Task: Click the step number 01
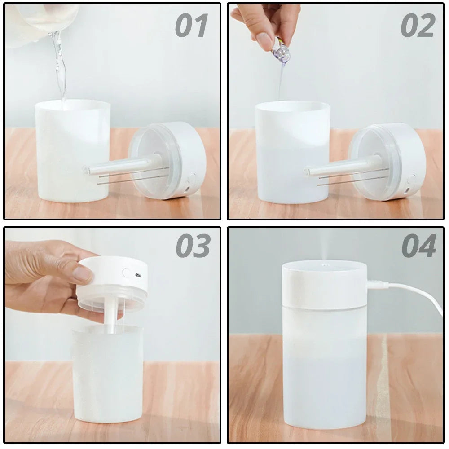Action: click(192, 26)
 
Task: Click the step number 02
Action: click(418, 26)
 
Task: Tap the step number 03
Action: click(193, 246)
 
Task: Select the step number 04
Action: click(418, 246)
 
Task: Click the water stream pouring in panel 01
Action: click(59, 63)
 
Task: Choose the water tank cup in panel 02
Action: click(292, 153)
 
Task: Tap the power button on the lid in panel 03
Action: click(127, 273)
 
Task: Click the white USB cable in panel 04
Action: click(418, 292)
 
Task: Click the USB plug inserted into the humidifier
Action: click(376, 284)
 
